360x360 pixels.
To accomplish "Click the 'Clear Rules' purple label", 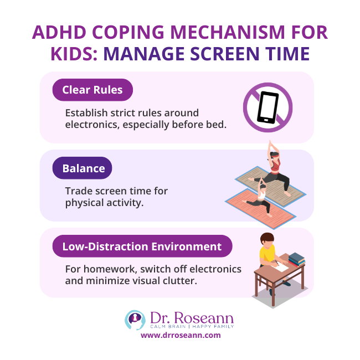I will [92, 90].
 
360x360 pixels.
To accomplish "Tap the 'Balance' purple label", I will [83, 168].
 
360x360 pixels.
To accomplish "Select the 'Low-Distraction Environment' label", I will [142, 246].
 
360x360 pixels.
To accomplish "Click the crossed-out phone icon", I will [268, 107].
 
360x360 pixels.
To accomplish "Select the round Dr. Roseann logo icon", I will [136, 320].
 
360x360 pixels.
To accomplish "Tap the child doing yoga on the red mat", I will [260, 198].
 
